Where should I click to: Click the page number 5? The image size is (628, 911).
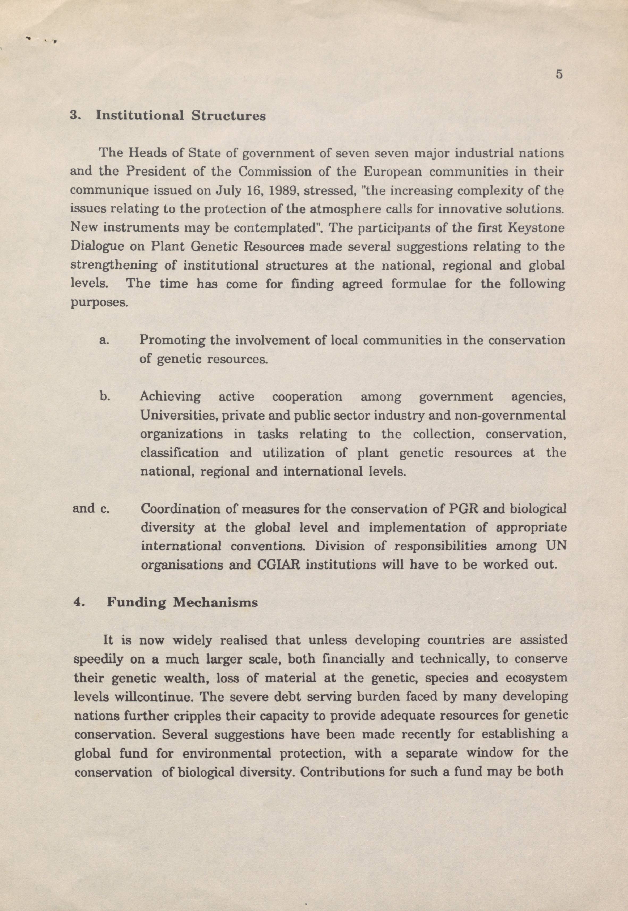pos(559,74)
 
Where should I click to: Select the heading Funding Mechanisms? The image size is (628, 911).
pos(182,602)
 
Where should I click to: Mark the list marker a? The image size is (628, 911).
pos(104,340)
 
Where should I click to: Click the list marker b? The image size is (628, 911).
pos(104,396)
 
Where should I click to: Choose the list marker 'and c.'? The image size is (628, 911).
pos(91,508)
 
